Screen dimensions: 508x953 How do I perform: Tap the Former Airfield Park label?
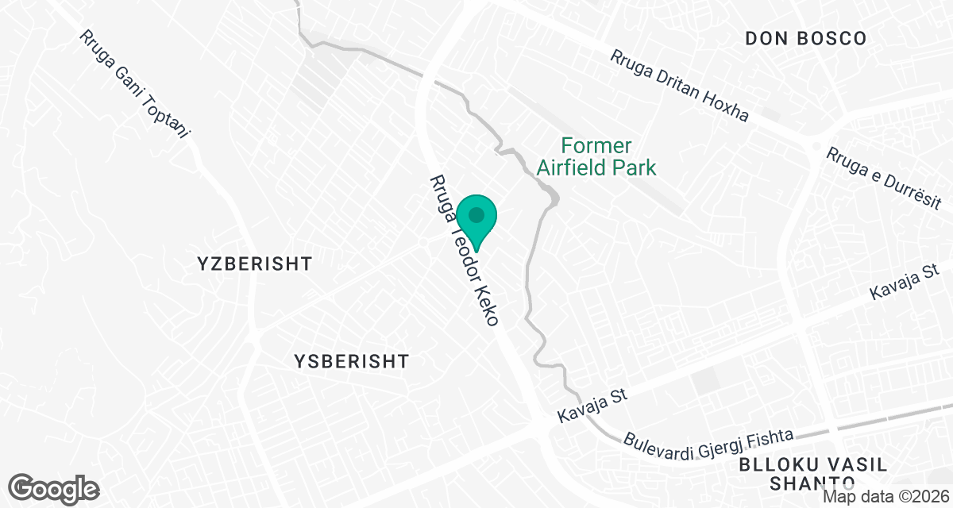(596, 156)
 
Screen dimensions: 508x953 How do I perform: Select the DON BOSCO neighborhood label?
(805, 38)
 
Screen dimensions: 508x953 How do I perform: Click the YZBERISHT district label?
(256, 264)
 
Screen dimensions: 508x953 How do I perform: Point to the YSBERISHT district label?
(351, 362)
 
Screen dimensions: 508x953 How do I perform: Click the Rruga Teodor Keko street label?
(465, 249)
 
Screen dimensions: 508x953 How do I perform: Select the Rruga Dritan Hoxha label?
(679, 87)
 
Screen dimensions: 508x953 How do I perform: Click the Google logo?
(54, 487)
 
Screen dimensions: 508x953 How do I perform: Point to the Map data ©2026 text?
(885, 497)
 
